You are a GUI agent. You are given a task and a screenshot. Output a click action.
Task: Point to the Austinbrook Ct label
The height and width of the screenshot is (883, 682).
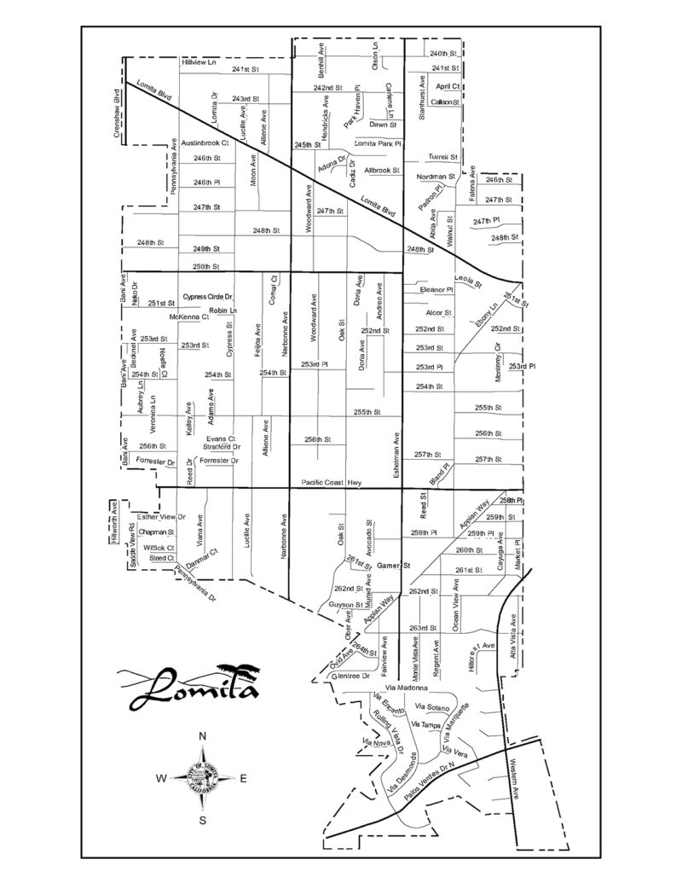201,142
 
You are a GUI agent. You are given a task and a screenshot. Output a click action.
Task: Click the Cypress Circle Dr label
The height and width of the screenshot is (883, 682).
208,296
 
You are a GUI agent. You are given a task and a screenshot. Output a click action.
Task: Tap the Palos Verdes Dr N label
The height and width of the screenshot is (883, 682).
431,783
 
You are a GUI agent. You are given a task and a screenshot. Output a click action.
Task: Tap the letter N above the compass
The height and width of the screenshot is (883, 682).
203,736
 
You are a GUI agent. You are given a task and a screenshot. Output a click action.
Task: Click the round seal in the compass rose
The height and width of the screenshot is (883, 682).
203,778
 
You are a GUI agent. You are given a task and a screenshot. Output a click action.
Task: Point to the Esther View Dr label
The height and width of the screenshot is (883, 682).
161,517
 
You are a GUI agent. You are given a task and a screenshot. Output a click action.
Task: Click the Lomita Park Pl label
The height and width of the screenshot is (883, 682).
377,143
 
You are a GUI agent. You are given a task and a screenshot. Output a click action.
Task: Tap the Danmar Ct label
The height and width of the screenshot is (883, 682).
203,561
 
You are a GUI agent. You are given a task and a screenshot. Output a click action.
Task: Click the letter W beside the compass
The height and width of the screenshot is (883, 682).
161,778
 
